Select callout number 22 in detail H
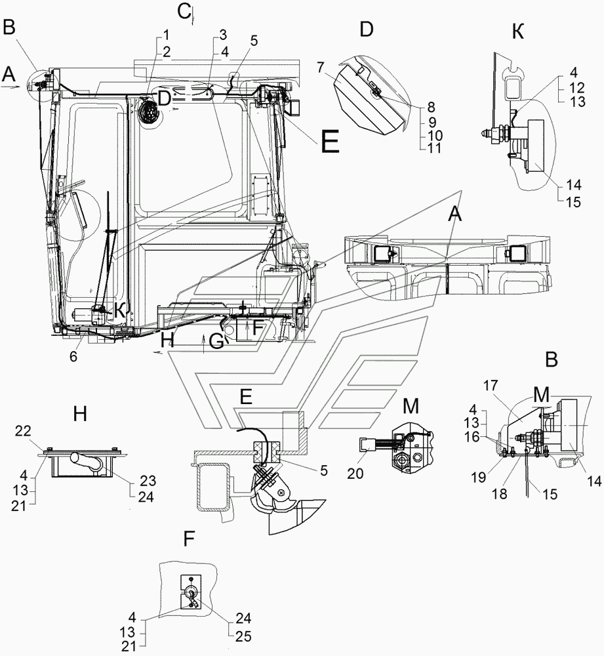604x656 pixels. click(x=23, y=432)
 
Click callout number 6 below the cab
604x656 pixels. click(x=73, y=357)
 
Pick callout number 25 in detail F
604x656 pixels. click(x=243, y=636)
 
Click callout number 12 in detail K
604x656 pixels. click(x=577, y=87)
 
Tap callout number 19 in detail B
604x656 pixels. click(x=479, y=477)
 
